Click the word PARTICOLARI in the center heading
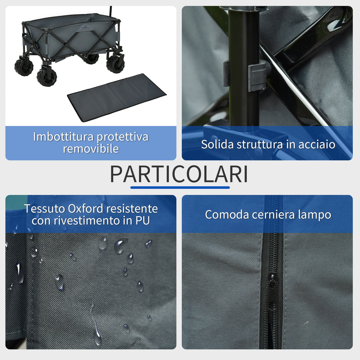click(179, 174)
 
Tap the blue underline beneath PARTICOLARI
click(180, 187)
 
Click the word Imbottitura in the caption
click(63, 137)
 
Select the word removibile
click(91, 149)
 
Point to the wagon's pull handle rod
click(110, 12)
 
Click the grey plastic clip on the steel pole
click(257, 76)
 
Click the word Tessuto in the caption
click(45, 209)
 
